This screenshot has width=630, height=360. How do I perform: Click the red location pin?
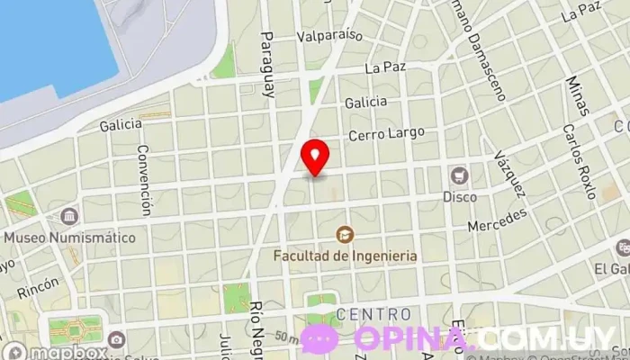315,157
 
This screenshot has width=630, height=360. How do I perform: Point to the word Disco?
460,195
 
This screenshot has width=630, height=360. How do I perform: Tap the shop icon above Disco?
460,175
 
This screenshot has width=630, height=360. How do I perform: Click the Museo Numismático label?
69,238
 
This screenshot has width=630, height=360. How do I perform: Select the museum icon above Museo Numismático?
69,217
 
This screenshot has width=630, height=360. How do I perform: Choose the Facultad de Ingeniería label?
346,256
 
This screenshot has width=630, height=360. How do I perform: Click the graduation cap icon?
345,235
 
